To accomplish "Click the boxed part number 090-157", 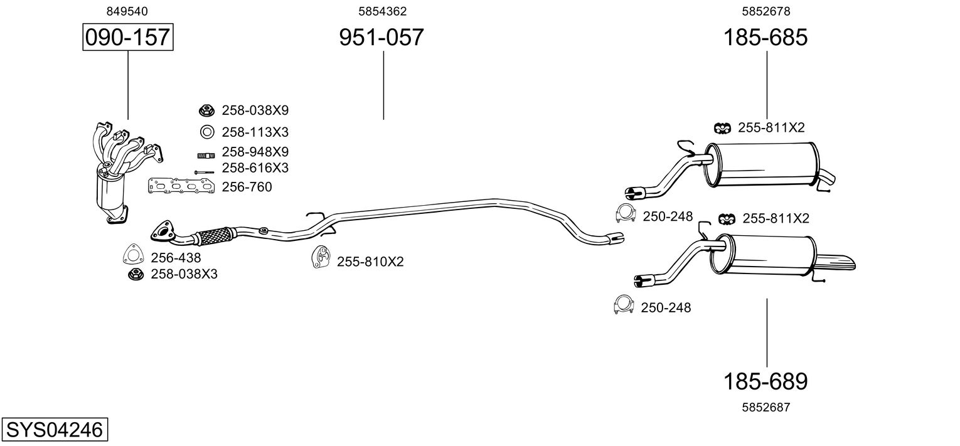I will (x=127, y=38).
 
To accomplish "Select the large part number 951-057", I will (x=381, y=38).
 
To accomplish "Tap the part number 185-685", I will (x=765, y=38).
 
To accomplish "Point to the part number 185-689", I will (x=765, y=381).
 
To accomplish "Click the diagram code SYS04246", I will (x=54, y=430).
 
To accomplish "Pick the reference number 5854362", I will (x=382, y=11).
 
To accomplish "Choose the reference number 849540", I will (x=127, y=11).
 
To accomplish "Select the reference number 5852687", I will (x=765, y=407).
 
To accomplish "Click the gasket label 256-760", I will (x=247, y=187).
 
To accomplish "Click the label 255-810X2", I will (x=370, y=262).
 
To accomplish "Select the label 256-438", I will (x=176, y=257).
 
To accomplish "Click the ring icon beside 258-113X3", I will (x=206, y=132).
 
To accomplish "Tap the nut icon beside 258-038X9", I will (x=206, y=110).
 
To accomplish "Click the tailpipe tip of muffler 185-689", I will (x=838, y=262).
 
